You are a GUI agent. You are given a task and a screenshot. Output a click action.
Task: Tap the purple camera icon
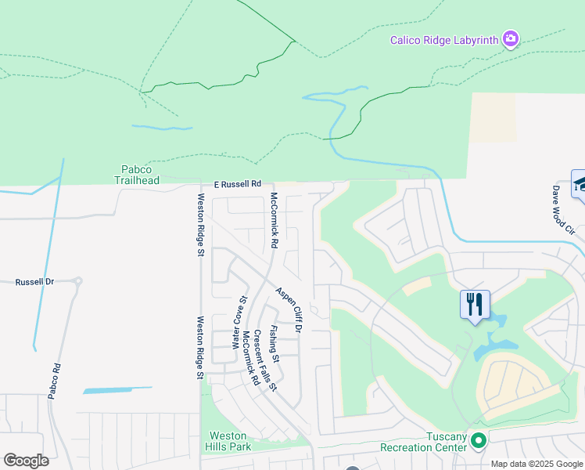511,38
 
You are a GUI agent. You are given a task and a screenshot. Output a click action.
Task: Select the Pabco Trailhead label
140,174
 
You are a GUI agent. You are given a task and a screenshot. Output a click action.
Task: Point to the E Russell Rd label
237,184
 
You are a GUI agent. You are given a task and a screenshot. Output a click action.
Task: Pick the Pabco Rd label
54,381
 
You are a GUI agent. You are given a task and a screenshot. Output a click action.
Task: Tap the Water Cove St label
239,322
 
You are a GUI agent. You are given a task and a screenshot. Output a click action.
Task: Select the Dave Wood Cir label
562,210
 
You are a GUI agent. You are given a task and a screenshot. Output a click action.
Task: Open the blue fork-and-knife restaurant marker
475,303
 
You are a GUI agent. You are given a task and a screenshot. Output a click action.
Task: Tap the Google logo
26,461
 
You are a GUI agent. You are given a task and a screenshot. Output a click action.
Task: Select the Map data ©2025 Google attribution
537,464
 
